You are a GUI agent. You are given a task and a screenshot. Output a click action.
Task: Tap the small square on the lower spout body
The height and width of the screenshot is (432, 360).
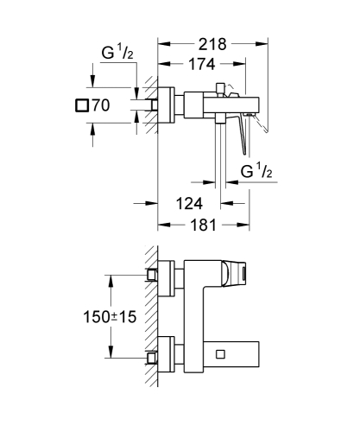221,354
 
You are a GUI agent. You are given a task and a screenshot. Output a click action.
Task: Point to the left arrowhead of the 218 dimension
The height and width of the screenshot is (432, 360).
163,41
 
